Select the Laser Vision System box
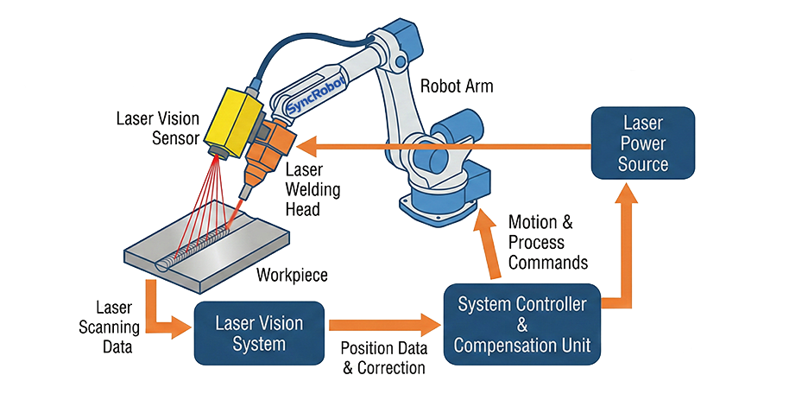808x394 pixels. click(x=259, y=334)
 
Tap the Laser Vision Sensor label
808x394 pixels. click(x=158, y=128)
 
